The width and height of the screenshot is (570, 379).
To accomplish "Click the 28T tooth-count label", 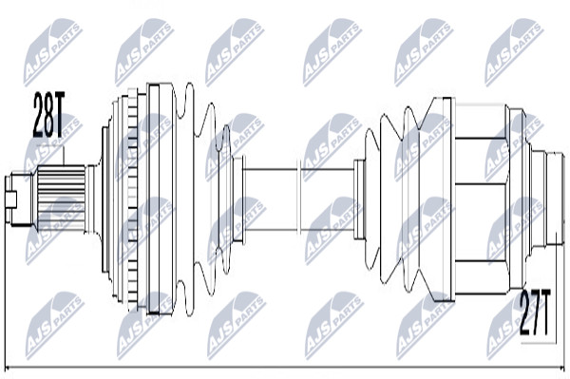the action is (48, 115).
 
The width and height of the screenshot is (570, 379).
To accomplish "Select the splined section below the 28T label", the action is (62, 198).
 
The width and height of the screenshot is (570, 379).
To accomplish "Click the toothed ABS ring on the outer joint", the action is (133, 199).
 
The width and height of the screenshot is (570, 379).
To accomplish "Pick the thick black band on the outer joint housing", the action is (154, 199).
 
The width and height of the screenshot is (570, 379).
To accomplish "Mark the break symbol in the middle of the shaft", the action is (300, 199).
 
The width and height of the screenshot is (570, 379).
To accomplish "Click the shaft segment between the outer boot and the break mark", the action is (271, 199).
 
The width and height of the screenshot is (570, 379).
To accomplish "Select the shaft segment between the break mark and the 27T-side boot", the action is (328, 199).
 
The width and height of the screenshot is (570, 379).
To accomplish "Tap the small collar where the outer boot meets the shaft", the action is (238, 199).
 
